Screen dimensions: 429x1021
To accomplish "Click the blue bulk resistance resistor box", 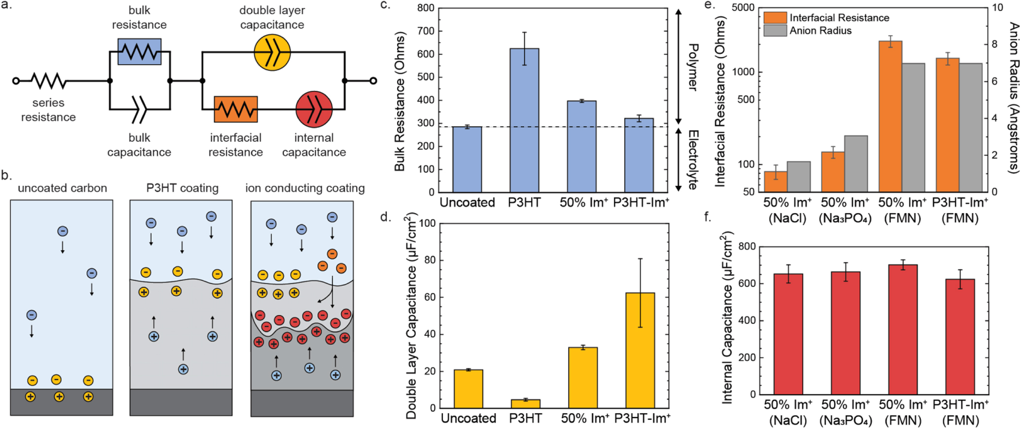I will click(139, 52).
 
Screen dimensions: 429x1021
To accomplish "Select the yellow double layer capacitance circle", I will click(272, 52).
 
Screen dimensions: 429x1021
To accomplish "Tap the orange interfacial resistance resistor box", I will click(235, 109).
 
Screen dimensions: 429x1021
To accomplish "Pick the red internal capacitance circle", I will click(314, 109).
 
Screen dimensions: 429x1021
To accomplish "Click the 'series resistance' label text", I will click(48, 110).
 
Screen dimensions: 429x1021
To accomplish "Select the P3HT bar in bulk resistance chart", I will click(524, 120).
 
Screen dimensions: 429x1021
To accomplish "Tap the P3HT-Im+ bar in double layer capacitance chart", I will click(640, 350).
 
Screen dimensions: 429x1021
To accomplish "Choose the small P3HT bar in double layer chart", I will click(525, 403).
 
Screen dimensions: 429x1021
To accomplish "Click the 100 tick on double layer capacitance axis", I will click(427, 224).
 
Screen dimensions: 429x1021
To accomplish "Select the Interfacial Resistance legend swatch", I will click(775, 18).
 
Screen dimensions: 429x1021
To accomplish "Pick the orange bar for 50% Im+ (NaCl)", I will click(775, 181).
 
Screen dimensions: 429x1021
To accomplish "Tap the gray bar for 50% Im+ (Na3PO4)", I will click(856, 163).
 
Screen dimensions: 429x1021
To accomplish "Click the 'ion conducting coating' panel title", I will click(305, 188).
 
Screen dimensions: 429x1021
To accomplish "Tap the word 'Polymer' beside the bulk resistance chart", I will click(693, 67).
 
